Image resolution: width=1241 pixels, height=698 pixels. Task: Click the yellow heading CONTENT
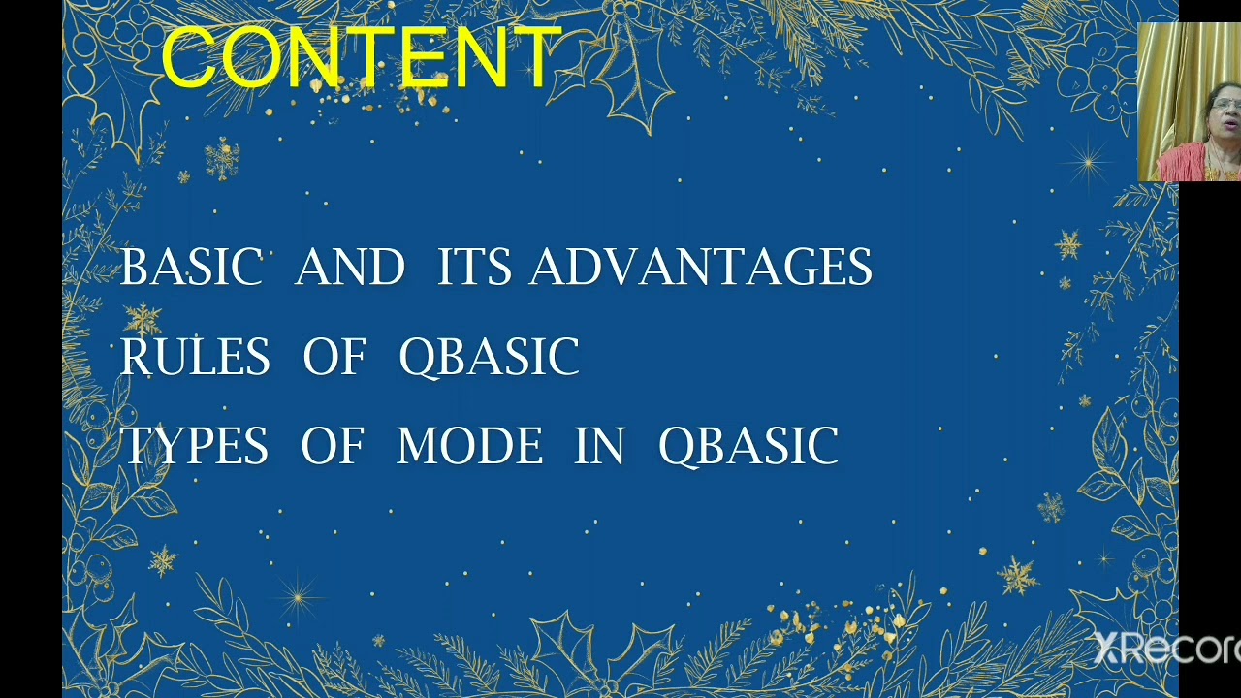coord(361,58)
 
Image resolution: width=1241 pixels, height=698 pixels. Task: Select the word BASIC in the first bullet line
coord(191,268)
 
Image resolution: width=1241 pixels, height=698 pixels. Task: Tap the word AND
coord(349,268)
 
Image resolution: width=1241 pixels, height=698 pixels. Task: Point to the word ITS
coord(473,268)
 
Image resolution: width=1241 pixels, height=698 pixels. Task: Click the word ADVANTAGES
coord(700,268)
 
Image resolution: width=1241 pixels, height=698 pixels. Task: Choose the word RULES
coord(195,357)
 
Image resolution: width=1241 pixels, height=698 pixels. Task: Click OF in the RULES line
coord(334,357)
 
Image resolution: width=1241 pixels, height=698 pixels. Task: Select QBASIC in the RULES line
coord(489,357)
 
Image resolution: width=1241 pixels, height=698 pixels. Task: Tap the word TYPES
coord(194,447)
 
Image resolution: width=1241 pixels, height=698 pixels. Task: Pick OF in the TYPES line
coord(333,447)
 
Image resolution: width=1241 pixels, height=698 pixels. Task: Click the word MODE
coord(469,447)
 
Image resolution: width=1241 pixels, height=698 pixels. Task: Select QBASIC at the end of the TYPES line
coord(748,447)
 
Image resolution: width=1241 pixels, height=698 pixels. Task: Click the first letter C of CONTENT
coord(189,58)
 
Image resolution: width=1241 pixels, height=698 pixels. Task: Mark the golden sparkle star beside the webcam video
coord(1088,163)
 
